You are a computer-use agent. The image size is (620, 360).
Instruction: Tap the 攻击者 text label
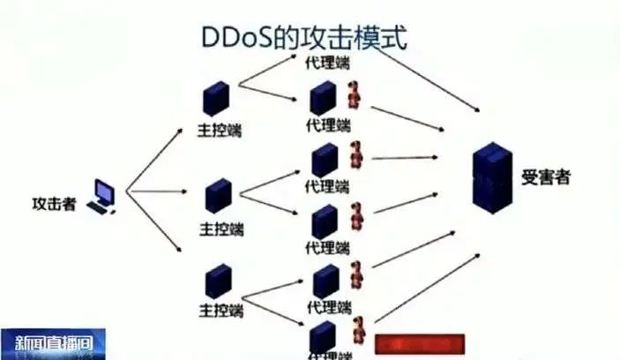(x=54, y=204)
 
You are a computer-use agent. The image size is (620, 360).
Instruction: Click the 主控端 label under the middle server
(x=220, y=229)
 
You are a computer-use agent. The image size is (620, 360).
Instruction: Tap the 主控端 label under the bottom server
(x=221, y=311)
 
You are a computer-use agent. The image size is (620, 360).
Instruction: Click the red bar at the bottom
(x=419, y=344)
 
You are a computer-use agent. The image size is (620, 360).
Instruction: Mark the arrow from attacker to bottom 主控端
(x=157, y=221)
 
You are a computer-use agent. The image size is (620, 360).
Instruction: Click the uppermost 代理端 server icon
(x=323, y=98)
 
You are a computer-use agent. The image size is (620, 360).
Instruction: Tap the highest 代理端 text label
(x=326, y=63)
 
